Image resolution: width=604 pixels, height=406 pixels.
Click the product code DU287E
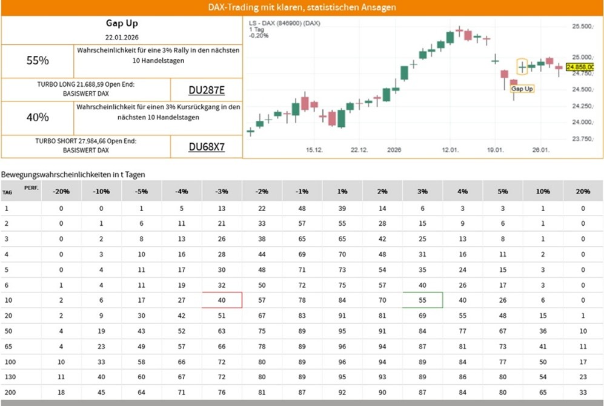click(x=207, y=90)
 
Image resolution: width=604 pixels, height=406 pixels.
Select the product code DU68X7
click(x=207, y=146)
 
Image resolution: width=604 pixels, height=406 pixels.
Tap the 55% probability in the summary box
click(x=38, y=61)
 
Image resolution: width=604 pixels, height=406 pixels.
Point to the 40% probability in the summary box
click(x=38, y=117)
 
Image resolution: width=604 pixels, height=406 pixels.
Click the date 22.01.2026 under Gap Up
click(x=122, y=38)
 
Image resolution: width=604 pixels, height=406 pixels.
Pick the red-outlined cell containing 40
click(x=222, y=300)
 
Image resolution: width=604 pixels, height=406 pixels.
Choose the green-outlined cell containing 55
click(x=422, y=300)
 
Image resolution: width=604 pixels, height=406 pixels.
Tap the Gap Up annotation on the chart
click(x=522, y=89)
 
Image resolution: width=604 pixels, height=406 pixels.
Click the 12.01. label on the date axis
click(x=450, y=150)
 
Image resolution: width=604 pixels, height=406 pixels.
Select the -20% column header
click(x=61, y=191)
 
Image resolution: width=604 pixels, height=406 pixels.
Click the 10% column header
click(x=543, y=191)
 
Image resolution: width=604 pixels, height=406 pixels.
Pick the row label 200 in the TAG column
click(x=7, y=392)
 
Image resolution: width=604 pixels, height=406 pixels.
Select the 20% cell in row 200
click(x=583, y=392)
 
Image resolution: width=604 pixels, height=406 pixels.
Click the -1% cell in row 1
click(x=302, y=208)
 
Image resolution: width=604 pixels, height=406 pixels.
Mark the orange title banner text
click(x=302, y=7)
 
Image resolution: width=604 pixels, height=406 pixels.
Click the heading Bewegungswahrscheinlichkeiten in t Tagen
click(x=73, y=174)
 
